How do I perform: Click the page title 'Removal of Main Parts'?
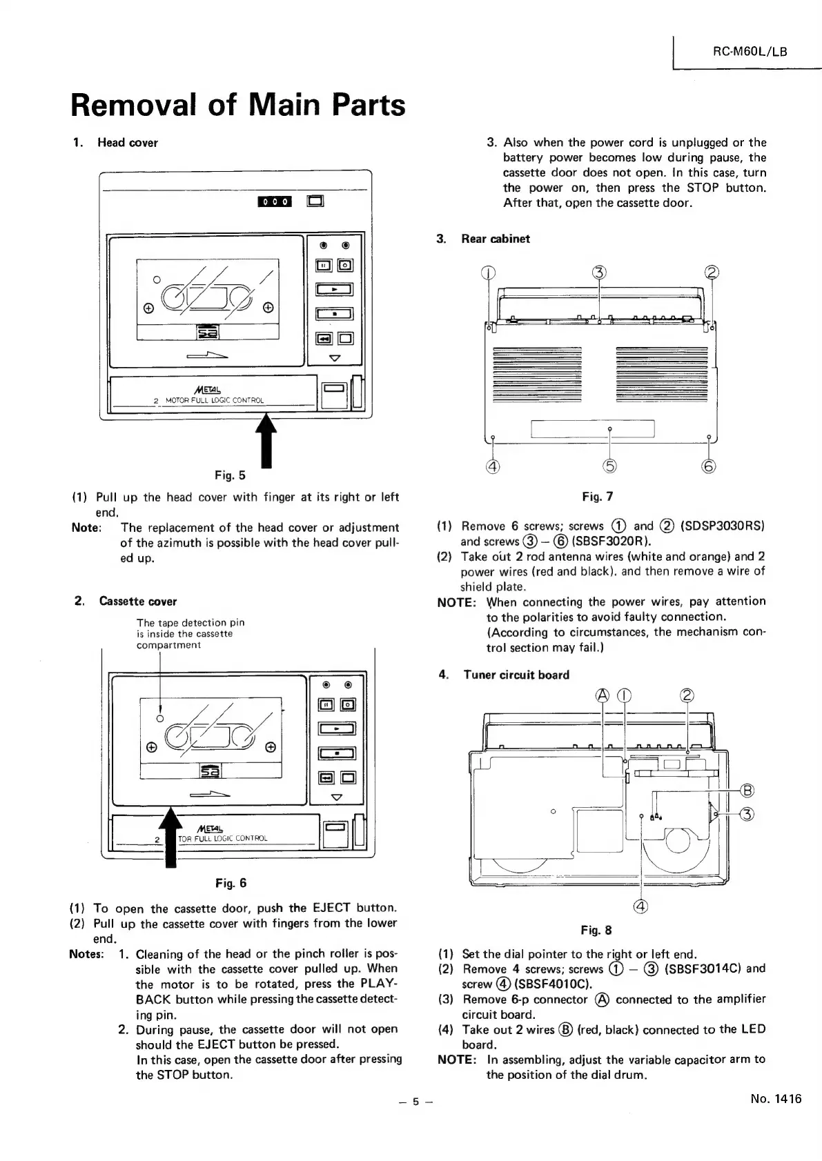pyautogui.click(x=238, y=105)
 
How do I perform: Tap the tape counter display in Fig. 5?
pyautogui.click(x=275, y=201)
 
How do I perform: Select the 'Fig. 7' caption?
pyautogui.click(x=597, y=496)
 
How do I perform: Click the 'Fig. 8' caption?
pyautogui.click(x=596, y=931)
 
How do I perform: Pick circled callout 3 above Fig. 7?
pyautogui.click(x=599, y=272)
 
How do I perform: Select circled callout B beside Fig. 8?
pyautogui.click(x=746, y=791)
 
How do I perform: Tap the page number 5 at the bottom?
pyautogui.click(x=415, y=1102)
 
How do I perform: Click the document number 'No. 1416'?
pyautogui.click(x=776, y=1099)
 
